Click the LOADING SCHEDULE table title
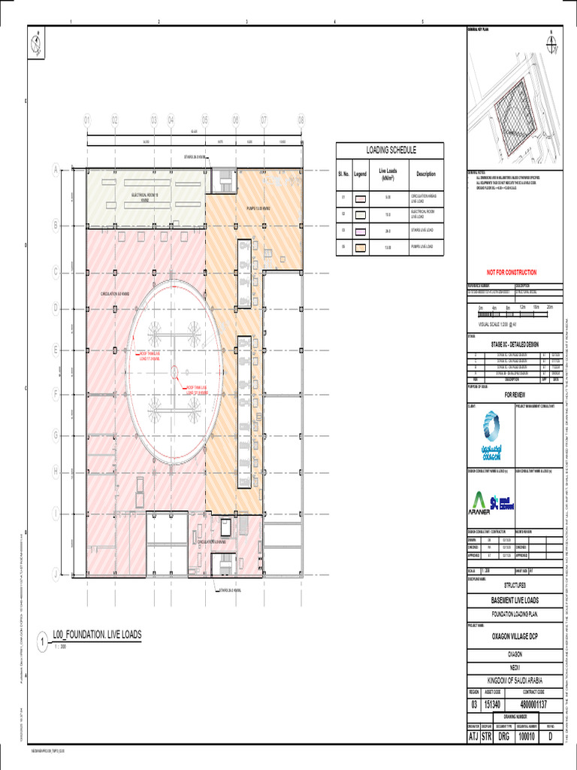click(390, 150)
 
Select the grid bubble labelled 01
click(87, 120)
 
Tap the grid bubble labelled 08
click(301, 120)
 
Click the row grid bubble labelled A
click(55, 171)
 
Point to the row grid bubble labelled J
click(55, 574)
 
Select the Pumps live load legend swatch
click(361, 247)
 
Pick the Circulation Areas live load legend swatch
click(361, 198)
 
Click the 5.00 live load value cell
click(388, 198)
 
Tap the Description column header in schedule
click(426, 174)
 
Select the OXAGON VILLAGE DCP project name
click(514, 635)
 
